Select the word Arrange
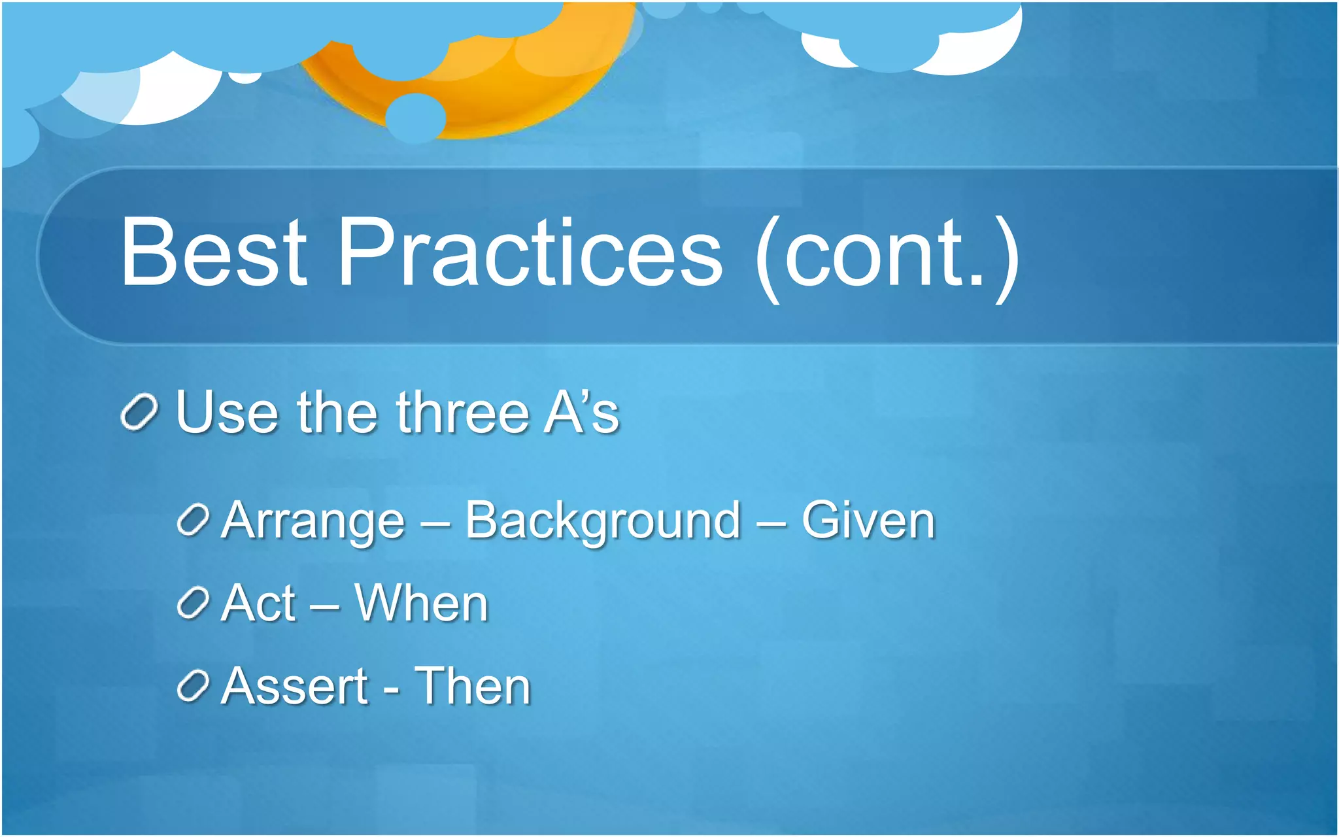click(x=313, y=522)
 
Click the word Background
click(x=603, y=522)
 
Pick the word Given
click(x=868, y=521)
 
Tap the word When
click(x=422, y=604)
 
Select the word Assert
click(x=295, y=687)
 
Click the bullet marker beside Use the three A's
click(x=139, y=413)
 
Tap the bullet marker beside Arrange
click(x=193, y=521)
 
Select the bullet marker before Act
click(x=193, y=603)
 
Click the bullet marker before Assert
click(x=193, y=686)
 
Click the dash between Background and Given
click(x=771, y=523)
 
